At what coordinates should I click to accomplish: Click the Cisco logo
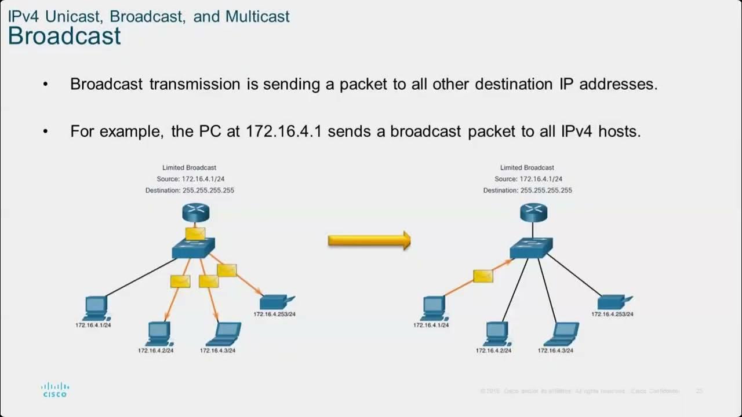55,389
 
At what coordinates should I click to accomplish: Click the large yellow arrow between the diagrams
369,240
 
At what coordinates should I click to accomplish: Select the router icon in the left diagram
195,213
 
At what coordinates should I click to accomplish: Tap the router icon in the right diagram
533,213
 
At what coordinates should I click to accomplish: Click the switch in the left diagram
194,248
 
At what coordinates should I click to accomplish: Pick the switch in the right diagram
532,248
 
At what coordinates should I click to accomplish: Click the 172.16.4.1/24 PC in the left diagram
95,308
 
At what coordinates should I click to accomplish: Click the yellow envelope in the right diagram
483,276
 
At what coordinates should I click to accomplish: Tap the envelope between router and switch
195,233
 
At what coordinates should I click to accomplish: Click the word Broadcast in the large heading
64,36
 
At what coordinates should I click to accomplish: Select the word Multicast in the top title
257,16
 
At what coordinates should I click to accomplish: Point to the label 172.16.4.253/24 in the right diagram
612,314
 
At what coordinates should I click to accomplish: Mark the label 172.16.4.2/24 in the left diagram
155,350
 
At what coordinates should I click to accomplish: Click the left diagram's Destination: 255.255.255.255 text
189,190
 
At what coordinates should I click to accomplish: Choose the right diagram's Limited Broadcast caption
527,167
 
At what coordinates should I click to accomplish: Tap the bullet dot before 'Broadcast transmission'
46,85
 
